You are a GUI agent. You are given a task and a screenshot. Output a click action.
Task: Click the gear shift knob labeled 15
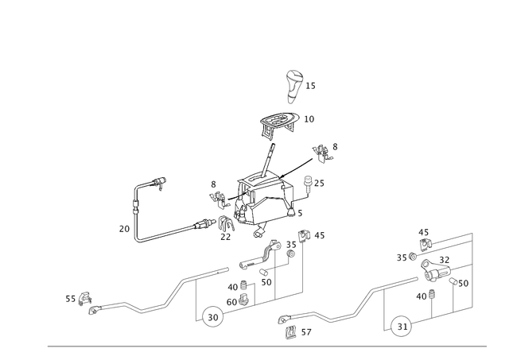point(294,87)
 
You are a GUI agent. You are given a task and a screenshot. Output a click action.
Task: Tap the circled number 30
point(212,317)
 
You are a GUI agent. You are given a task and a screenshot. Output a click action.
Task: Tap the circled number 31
point(402,327)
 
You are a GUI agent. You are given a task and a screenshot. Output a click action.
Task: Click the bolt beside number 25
point(307,184)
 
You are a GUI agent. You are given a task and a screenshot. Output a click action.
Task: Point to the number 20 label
point(124,229)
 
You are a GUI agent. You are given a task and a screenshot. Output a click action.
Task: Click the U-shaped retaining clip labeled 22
point(226,223)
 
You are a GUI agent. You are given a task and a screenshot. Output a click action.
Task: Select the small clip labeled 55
point(86,298)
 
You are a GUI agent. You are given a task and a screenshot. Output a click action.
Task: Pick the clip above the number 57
point(291,332)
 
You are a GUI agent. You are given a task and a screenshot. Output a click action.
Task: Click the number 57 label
point(306,332)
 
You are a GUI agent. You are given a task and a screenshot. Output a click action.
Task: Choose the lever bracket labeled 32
point(435,271)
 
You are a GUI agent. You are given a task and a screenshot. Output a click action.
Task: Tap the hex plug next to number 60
point(243,300)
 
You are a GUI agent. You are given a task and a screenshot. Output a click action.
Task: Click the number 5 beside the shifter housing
point(300,213)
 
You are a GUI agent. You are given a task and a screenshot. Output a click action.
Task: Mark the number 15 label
point(310,86)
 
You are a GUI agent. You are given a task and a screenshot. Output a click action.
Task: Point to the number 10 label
point(309,119)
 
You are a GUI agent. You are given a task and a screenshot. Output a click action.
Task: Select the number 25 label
point(319,184)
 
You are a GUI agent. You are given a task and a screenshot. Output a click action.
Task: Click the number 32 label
point(445,260)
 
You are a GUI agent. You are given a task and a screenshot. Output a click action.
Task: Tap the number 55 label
point(71,299)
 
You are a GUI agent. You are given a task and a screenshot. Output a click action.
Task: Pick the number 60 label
point(231,302)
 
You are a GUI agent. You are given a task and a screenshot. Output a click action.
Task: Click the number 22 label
point(225,237)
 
